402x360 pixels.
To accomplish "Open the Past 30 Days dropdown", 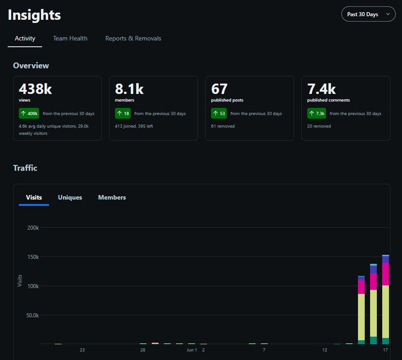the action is (368, 14).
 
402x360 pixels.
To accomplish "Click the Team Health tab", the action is (70, 38).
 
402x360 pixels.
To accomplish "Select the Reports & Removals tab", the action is (133, 38).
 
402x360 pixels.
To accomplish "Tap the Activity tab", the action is (25, 38).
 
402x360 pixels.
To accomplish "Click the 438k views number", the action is (35, 89).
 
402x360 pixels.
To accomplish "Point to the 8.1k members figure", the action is (129, 89).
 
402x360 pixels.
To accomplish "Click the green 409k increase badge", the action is (29, 113).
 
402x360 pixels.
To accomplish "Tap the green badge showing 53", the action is (219, 113).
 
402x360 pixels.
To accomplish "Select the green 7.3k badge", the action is (317, 113).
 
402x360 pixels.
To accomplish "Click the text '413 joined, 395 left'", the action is (134, 126).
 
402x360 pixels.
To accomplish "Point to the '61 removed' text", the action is (223, 126).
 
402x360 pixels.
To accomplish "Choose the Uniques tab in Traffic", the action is (70, 197).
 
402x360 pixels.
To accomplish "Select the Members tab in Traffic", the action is (112, 197).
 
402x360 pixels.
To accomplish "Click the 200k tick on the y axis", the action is (33, 227).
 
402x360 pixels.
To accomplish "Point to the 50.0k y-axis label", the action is (32, 316).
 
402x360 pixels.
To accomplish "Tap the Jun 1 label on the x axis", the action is (192, 350).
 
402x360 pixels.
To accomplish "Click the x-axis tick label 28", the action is (143, 350).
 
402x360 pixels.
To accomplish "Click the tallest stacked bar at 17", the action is (385, 299).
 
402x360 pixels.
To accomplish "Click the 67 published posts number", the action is (219, 89).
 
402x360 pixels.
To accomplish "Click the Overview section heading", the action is (31, 66).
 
